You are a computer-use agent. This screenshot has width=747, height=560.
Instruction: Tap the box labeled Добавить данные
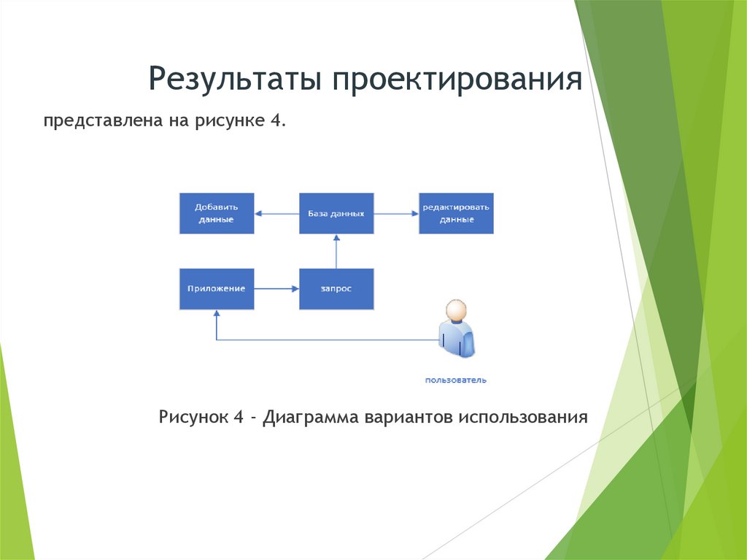pyautogui.click(x=217, y=213)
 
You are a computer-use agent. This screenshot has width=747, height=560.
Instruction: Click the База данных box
pyautogui.click(x=336, y=213)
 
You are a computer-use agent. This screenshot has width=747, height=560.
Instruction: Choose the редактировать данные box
pyautogui.click(x=456, y=213)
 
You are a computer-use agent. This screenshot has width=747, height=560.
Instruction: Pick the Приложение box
pyautogui.click(x=217, y=289)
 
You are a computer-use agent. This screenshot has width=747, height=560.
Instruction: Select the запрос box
pyautogui.click(x=336, y=289)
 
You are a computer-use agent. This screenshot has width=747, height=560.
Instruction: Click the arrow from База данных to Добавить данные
pyautogui.click(x=277, y=213)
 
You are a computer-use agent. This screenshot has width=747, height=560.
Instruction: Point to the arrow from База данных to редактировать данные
pyautogui.click(x=396, y=213)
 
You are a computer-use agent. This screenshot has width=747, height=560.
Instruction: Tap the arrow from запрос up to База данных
pyautogui.click(x=336, y=251)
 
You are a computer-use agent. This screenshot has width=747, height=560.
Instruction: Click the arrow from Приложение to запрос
pyautogui.click(x=276, y=289)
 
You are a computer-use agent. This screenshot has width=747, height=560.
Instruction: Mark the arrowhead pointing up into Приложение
pyautogui.click(x=217, y=314)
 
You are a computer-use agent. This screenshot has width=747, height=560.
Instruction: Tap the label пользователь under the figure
pyautogui.click(x=456, y=380)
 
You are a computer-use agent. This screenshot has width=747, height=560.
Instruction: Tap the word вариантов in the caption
pyautogui.click(x=412, y=418)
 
